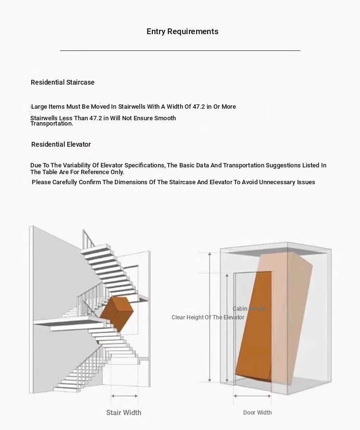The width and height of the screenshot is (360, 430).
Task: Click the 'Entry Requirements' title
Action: [182, 32]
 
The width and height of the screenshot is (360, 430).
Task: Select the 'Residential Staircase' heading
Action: [62, 82]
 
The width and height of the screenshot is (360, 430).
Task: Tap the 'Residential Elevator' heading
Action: [61, 144]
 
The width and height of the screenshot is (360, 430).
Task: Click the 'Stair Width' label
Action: [124, 413]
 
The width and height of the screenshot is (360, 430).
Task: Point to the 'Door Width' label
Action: [257, 413]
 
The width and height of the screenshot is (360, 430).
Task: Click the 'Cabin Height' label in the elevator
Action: [248, 309]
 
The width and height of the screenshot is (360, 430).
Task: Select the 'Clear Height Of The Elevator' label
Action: [208, 317]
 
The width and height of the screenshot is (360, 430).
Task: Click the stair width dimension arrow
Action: [124, 396]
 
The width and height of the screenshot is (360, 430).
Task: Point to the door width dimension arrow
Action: [252, 396]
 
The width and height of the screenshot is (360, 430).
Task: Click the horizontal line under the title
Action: [180, 50]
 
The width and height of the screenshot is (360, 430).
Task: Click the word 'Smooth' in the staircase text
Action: [165, 118]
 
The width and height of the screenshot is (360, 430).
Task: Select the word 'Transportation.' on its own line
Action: [52, 124]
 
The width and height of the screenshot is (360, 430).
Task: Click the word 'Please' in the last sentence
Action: [41, 182]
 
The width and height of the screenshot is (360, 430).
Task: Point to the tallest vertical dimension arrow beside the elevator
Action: [210, 317]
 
